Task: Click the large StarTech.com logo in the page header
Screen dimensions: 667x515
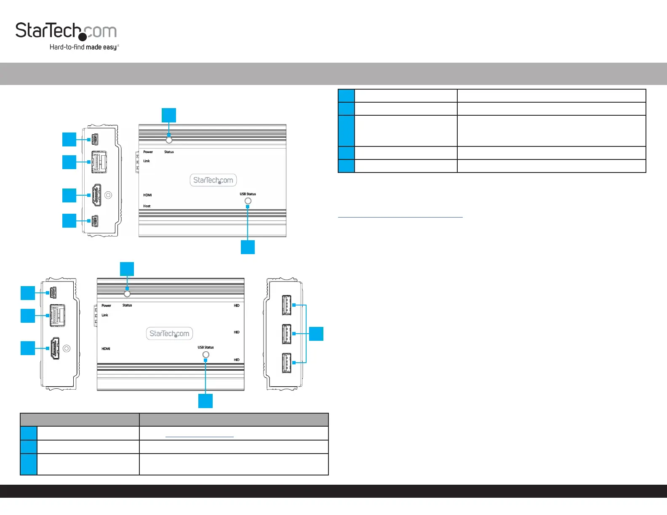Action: [x=66, y=31]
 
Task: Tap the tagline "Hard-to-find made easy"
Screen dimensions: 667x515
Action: [x=84, y=47]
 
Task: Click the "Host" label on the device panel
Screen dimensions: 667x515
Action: [x=147, y=206]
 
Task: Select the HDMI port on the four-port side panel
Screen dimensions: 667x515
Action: [x=96, y=195]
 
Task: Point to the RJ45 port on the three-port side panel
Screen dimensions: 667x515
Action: [x=57, y=315]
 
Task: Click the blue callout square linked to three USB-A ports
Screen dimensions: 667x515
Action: [x=316, y=334]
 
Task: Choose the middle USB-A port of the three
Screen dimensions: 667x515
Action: [x=286, y=334]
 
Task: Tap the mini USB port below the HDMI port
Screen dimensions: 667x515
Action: [x=95, y=221]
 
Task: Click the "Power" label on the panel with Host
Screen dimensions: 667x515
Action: [x=148, y=152]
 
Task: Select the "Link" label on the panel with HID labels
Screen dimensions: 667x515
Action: [x=105, y=315]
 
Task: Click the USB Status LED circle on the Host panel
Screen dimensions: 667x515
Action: [x=248, y=201]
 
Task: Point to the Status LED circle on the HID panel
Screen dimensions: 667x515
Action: [x=127, y=294]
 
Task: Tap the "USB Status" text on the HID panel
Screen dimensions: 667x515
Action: [x=205, y=348]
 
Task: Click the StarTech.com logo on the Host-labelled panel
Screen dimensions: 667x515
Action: [x=213, y=180]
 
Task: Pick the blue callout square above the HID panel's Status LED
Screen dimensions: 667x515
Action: [x=127, y=269]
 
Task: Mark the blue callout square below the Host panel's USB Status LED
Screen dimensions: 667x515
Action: [x=248, y=247]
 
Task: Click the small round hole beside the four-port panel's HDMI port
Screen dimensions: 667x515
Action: [x=108, y=195]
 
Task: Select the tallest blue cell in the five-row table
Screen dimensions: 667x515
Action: [x=346, y=131]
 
